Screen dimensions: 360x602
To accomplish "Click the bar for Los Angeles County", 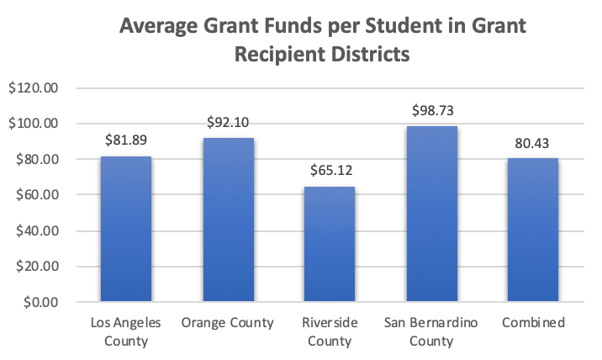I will click(x=126, y=229).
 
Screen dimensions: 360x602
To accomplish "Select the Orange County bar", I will click(x=228, y=220).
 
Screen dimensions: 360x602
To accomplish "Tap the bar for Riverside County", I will click(x=330, y=244).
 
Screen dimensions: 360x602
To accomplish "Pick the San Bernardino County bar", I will click(x=432, y=214).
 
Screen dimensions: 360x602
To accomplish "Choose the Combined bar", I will click(x=534, y=230).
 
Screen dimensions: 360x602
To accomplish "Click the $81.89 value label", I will click(x=126, y=140).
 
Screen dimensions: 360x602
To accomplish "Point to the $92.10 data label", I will click(x=228, y=122).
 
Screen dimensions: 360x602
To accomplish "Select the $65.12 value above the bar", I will click(x=330, y=171).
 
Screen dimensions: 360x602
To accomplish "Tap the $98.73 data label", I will click(x=432, y=110).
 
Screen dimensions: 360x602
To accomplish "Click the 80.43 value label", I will click(x=534, y=141).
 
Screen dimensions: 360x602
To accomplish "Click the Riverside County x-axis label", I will click(x=330, y=332).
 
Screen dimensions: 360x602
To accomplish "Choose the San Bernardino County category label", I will click(x=432, y=332).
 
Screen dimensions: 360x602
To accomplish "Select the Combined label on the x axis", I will click(x=534, y=323).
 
